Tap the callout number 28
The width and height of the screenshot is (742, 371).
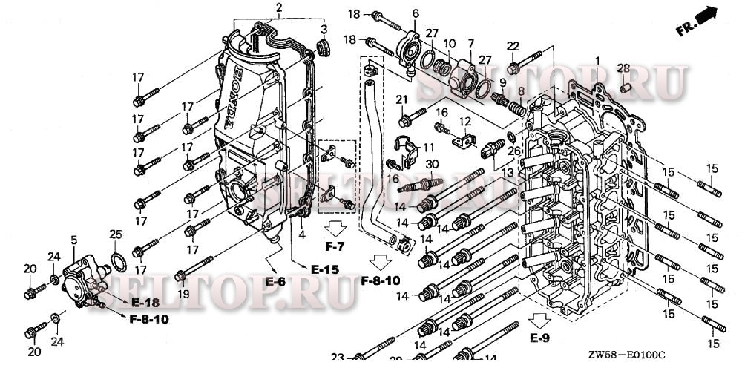tap(623, 68)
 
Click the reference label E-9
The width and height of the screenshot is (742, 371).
tap(540, 338)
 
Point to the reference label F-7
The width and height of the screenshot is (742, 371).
tap(335, 246)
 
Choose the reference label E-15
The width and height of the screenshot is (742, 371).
tap(325, 269)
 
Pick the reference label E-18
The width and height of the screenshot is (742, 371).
tap(145, 303)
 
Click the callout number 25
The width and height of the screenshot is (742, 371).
tap(115, 235)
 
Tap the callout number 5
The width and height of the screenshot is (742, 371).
tap(73, 240)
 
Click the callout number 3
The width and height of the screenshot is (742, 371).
tap(324, 29)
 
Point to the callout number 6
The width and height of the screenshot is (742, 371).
tap(416, 13)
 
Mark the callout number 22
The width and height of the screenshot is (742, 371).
tap(512, 46)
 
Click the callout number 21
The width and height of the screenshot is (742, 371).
tap(402, 99)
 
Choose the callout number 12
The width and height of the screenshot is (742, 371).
tap(464, 122)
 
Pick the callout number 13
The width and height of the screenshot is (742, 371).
tap(508, 172)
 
